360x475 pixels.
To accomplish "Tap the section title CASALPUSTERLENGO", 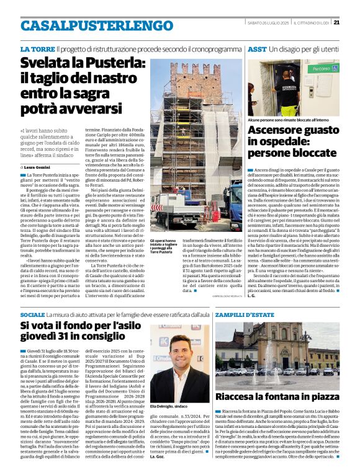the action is click(x=88, y=25).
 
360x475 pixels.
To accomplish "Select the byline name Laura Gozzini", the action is click(x=42, y=167).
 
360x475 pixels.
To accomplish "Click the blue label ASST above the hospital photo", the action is click(x=257, y=48).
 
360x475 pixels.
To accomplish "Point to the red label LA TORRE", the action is click(x=37, y=48).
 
